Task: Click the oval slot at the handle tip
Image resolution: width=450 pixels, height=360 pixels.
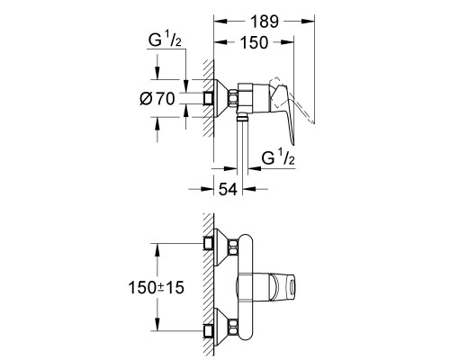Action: [292, 287]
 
